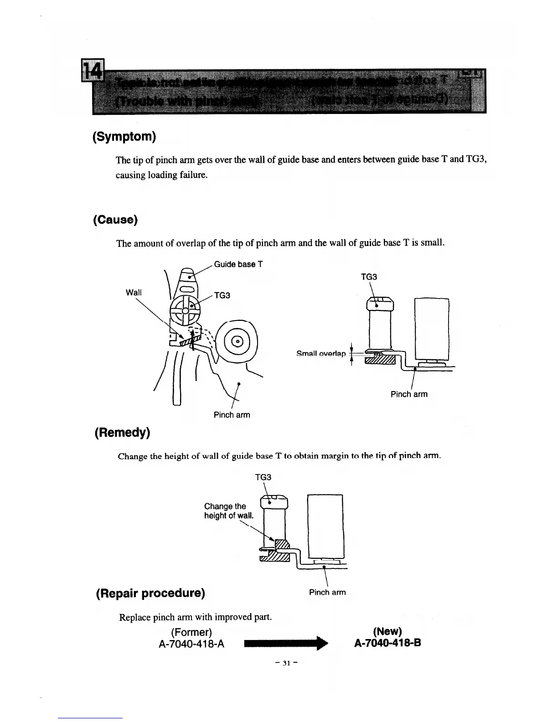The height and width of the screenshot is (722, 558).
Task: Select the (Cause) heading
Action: (115, 220)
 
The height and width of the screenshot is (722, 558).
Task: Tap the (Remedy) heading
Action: (122, 432)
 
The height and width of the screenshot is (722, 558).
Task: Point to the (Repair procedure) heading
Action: (150, 593)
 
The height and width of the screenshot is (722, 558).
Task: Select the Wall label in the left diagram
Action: (134, 293)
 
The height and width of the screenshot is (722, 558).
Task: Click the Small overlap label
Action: (321, 354)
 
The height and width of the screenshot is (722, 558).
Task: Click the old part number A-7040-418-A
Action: (191, 644)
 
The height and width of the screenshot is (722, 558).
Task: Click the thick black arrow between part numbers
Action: (286, 644)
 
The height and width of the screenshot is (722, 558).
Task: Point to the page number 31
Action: (286, 663)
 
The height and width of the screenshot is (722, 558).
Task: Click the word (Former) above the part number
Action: (191, 632)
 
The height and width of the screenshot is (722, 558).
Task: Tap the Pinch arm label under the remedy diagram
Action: (327, 592)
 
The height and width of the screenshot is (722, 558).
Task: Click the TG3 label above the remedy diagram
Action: (263, 477)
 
